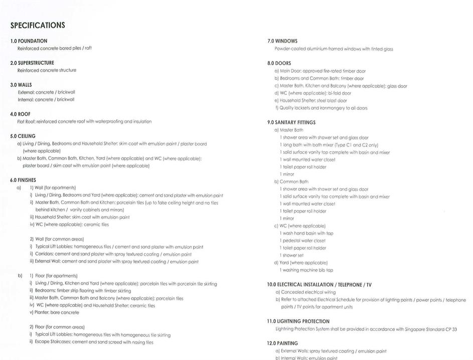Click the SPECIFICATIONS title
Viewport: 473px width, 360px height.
38,25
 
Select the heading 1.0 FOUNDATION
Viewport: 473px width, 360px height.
29,41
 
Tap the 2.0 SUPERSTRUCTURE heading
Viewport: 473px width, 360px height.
32,63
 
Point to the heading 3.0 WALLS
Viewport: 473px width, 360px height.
21,85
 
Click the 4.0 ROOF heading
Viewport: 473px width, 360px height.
20,114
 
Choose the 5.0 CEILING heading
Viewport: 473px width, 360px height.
23,136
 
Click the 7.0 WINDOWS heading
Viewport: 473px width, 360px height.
282,41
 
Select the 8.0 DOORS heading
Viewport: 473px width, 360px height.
279,63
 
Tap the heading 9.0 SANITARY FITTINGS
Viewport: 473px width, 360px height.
291,122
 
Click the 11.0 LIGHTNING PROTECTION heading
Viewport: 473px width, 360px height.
298,321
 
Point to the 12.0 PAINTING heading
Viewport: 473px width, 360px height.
282,343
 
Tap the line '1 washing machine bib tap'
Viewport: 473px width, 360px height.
306,270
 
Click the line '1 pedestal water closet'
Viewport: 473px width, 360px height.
303,241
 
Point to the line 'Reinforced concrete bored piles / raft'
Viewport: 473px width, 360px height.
55,48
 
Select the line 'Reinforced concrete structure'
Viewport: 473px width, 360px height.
47,70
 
